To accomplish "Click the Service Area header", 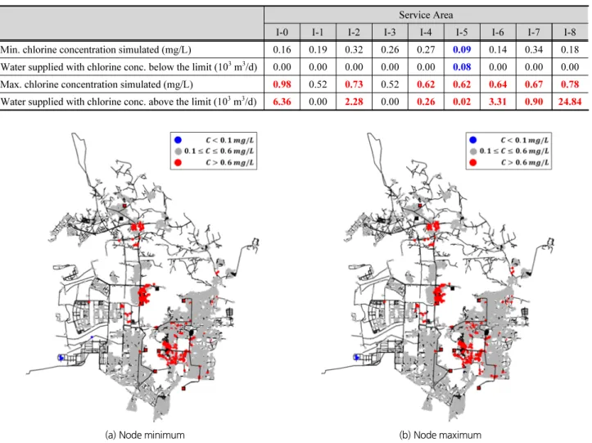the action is tap(426, 15).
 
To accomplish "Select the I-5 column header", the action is tap(462, 32).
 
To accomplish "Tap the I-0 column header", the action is tap(282, 32).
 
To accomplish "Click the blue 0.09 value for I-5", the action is tap(462, 49).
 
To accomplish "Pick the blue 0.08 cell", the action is tap(462, 67).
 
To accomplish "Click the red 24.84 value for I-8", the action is tap(570, 102).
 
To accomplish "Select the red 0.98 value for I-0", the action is tap(282, 84).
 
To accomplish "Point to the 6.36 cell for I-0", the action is tap(282, 102).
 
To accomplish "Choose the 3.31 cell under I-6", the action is tap(498, 102).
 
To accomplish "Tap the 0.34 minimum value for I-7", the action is tap(534, 49).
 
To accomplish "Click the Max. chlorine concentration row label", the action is tap(97, 84).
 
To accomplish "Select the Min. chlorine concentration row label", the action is tap(96, 49).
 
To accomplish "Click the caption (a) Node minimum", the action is tap(145, 435).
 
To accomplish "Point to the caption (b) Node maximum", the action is tap(441, 435).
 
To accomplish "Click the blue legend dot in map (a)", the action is tap(178, 140).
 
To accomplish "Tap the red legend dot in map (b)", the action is tap(472, 162).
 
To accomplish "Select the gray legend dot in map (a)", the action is tap(178, 151).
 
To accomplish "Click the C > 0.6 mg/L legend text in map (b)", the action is tap(525, 162).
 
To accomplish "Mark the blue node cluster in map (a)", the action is tap(61, 357).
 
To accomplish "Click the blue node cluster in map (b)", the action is tap(356, 357).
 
